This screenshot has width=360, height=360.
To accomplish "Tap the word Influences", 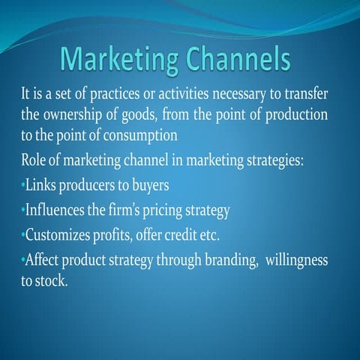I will click(x=55, y=209).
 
